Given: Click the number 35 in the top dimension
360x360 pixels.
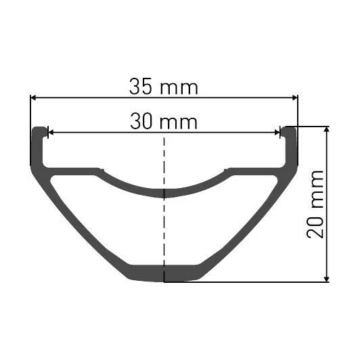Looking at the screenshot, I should click(141, 87).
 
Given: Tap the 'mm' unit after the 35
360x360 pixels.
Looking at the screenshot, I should click(179, 87).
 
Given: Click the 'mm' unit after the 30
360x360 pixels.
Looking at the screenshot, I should click(180, 123).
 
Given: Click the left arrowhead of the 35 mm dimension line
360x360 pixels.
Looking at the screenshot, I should click(34, 97).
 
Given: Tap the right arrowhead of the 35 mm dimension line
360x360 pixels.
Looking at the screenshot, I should click(294, 97).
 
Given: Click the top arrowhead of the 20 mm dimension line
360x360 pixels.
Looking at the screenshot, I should click(328, 130).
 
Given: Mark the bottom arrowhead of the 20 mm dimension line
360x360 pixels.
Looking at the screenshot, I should click(328, 277).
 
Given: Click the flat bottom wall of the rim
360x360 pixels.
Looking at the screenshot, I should click(164, 273).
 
